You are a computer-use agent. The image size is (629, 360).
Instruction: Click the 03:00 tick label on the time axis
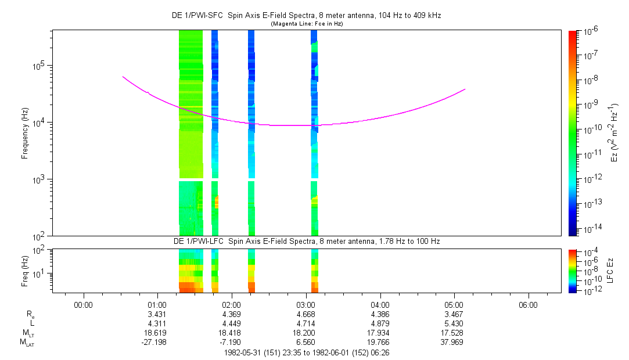click(305, 305)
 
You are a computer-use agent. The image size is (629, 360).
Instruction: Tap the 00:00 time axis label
click(84, 305)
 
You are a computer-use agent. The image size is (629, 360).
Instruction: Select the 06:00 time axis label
click(528, 305)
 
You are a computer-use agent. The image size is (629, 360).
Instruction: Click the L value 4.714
click(305, 323)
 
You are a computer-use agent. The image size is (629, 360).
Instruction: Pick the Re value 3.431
click(157, 314)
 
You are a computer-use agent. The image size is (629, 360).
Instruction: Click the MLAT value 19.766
click(378, 343)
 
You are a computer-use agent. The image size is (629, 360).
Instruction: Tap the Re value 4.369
click(232, 314)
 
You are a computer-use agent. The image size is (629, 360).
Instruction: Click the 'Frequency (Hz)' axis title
click(25, 133)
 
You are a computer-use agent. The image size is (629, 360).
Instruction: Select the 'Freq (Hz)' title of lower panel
click(25, 271)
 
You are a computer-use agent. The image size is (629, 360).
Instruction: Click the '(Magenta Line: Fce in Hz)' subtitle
click(307, 24)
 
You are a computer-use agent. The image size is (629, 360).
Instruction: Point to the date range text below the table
click(307, 353)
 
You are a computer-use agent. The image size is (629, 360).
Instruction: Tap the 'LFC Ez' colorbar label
click(610, 271)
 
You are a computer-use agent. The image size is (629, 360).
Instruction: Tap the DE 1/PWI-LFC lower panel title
click(307, 242)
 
